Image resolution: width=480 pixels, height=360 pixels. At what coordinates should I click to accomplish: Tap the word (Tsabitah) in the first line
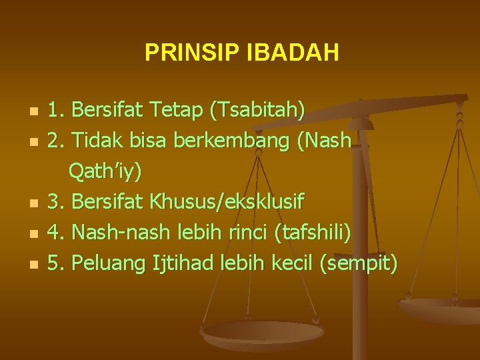[257, 109]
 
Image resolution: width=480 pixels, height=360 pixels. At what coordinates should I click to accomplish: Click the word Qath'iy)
[105, 171]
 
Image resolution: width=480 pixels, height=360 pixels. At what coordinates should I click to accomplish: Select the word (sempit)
[359, 264]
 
